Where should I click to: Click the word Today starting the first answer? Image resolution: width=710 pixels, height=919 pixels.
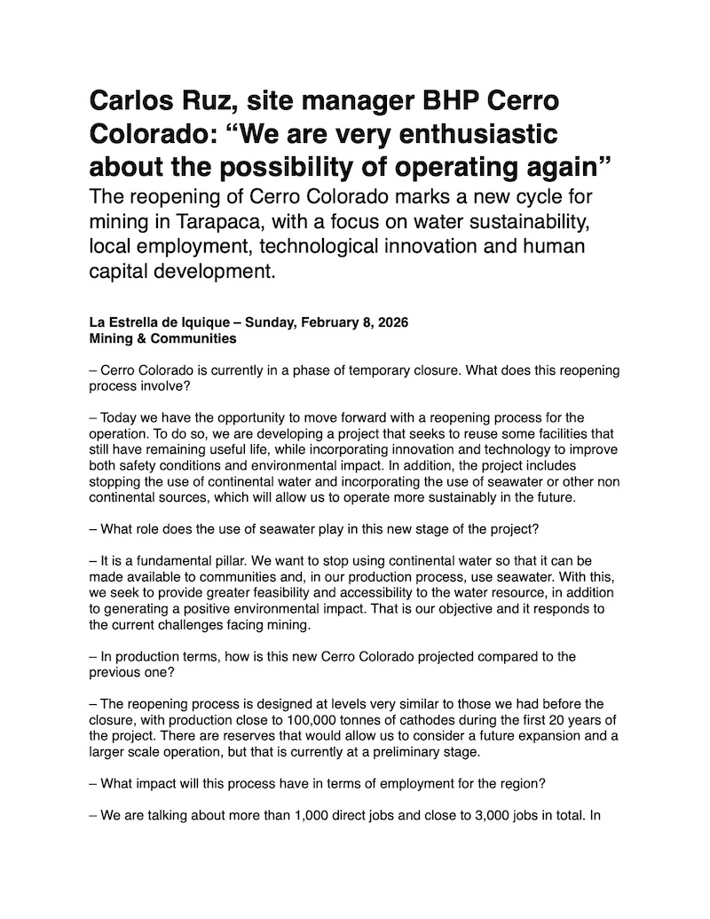118,417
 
